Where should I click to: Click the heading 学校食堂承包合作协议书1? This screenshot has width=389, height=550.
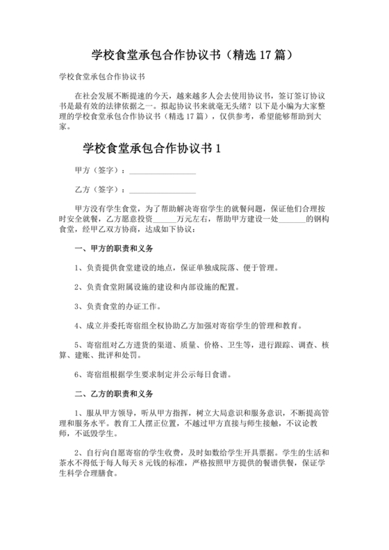151,148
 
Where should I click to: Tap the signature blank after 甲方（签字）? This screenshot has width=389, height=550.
163,171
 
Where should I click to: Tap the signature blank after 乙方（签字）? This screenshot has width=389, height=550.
163,190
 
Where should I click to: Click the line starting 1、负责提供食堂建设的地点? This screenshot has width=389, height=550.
176,267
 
